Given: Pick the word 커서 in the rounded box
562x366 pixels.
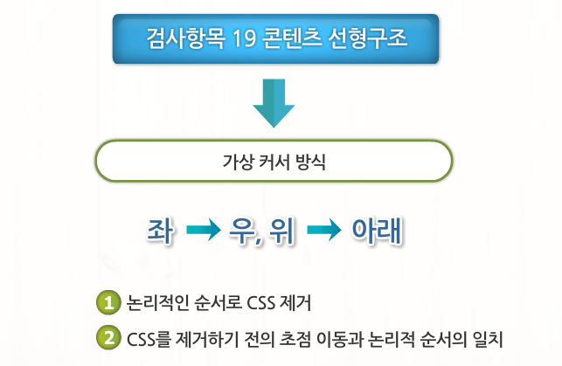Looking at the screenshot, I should point(274,162).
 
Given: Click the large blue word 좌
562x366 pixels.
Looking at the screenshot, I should point(163,231).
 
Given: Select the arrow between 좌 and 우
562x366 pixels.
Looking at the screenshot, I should point(204,231).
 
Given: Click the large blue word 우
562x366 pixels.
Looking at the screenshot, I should point(242,231).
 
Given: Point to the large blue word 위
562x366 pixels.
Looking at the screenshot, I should point(283,231).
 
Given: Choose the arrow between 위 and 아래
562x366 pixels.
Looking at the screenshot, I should point(323,231).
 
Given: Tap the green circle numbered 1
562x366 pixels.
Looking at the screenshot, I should point(108,303).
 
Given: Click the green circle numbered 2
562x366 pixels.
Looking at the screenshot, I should point(108,335).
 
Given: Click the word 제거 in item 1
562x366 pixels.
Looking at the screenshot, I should point(296,304).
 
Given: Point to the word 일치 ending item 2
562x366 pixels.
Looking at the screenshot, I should point(489,336).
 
